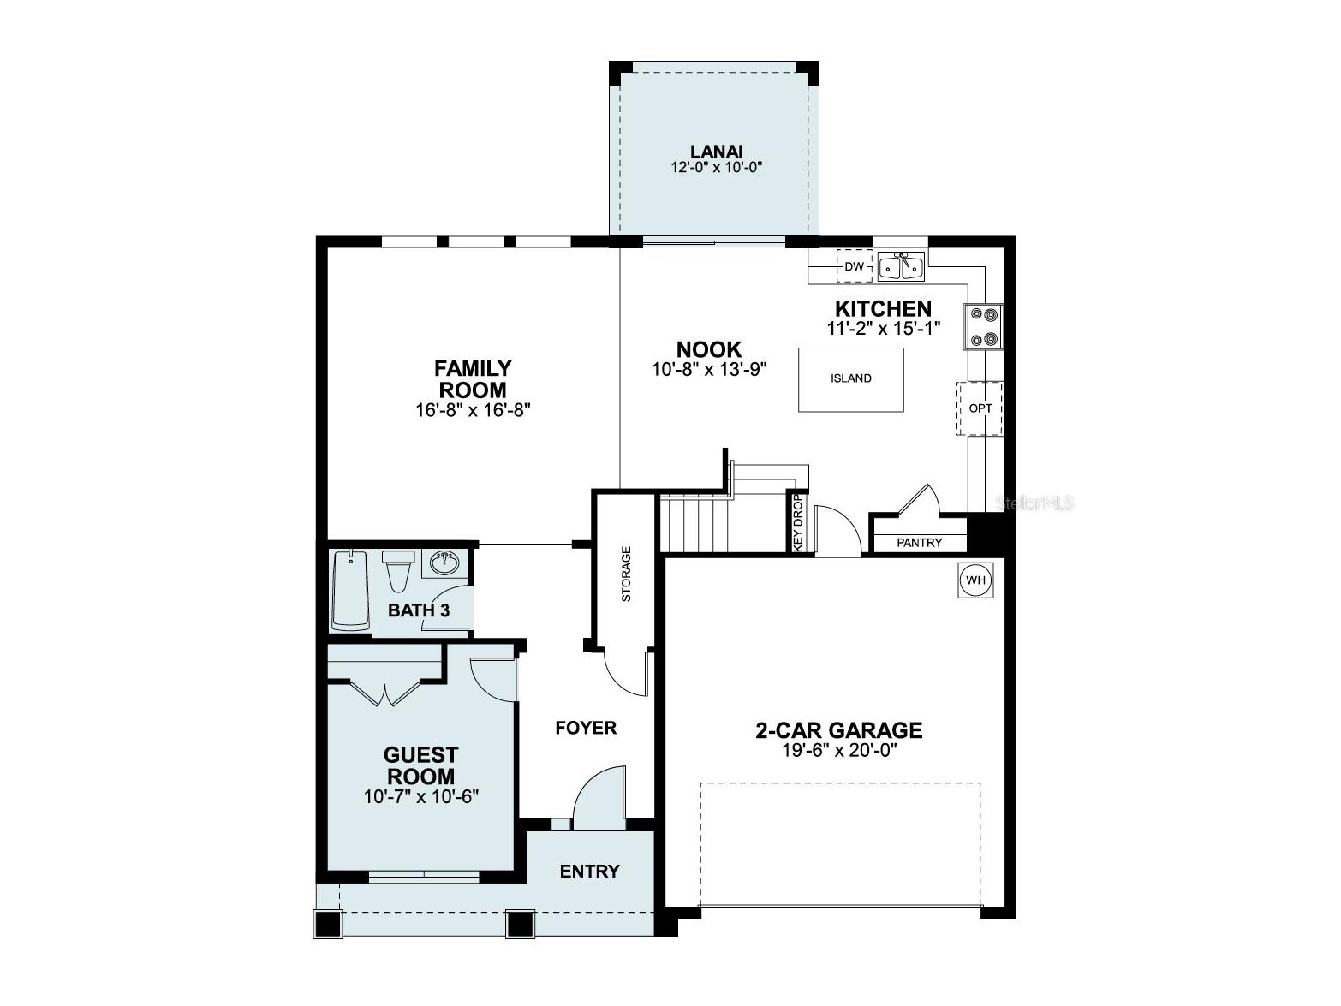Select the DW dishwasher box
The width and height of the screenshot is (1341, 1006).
tap(854, 266)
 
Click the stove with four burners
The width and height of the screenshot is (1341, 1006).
tap(983, 327)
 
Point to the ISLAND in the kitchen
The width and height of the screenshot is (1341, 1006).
tap(850, 378)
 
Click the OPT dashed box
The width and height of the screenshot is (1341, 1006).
tap(980, 408)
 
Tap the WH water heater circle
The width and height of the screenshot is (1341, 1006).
tap(975, 580)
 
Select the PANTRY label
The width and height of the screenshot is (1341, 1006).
tap(919, 543)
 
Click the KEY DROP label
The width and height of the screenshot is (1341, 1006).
tap(797, 522)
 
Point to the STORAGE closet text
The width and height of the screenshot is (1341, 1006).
tap(626, 574)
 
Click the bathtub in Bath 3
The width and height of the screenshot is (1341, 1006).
tap(349, 590)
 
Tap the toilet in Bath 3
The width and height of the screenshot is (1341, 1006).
tap(398, 570)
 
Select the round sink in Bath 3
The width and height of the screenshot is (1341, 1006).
tap(444, 563)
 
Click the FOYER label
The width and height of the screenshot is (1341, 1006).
tap(586, 729)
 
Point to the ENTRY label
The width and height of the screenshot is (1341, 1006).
tap(589, 872)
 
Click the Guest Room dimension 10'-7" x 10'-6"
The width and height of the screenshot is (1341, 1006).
tap(420, 796)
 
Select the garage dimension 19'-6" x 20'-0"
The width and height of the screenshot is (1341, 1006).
tap(838, 751)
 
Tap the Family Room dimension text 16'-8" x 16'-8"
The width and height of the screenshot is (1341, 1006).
tap(472, 409)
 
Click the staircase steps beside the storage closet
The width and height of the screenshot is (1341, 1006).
tap(694, 525)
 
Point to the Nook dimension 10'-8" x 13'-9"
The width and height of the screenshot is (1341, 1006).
tap(708, 369)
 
